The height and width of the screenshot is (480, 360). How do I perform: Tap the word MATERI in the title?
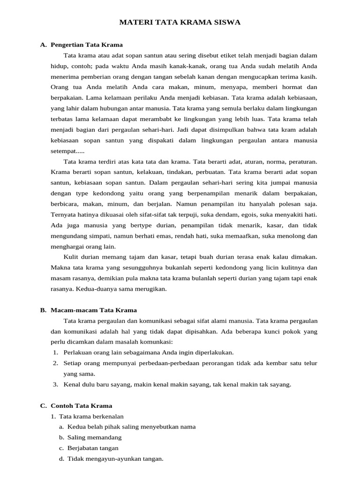pos(135,22)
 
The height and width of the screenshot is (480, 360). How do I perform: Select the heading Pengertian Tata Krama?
pos(86,45)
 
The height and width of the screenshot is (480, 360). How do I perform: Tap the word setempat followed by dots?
pos(68,151)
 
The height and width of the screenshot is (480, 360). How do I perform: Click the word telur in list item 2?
pos(310,363)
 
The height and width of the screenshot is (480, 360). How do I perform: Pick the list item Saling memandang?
pos(94,437)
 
